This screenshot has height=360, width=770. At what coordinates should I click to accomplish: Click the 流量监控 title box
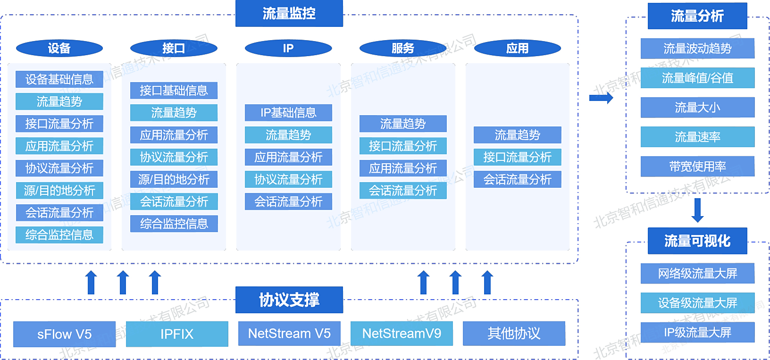[289, 13]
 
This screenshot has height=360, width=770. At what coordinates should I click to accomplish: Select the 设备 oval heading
[59, 48]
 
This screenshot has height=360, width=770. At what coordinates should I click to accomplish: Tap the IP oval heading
[288, 48]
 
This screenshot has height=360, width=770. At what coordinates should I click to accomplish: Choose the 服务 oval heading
[403, 48]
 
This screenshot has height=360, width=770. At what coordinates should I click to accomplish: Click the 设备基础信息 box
[59, 79]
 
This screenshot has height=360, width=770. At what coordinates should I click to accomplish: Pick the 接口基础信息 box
[174, 91]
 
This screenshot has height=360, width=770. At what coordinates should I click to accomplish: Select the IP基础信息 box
[288, 112]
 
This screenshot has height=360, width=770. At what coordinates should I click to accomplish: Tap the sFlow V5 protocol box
[64, 334]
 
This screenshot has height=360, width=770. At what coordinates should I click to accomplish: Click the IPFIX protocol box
[177, 334]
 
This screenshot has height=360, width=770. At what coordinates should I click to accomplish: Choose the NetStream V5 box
[289, 333]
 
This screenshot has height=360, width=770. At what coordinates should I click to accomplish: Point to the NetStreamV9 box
[402, 333]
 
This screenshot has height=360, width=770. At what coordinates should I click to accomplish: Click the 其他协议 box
[514, 333]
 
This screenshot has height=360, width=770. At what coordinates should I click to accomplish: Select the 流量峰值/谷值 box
[697, 78]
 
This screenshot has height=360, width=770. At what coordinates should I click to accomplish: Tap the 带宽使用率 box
[697, 167]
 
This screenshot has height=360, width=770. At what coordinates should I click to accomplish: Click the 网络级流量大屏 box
[697, 273]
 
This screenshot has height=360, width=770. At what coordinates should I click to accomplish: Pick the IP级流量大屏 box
[697, 333]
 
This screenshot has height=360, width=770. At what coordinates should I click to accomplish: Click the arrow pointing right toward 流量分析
[601, 98]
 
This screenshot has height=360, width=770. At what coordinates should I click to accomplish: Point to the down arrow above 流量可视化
[697, 210]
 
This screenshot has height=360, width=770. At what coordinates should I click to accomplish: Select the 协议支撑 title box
[289, 300]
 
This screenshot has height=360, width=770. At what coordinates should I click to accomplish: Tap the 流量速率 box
[697, 137]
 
